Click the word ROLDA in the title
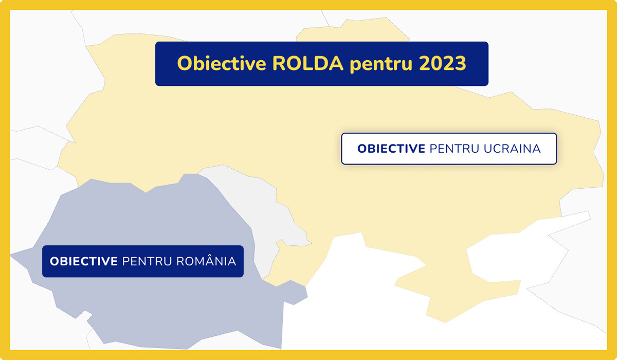point(307,64)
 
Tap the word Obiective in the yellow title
point(222,64)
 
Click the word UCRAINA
point(512,149)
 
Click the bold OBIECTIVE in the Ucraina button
point(391,149)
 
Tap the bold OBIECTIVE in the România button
point(84,261)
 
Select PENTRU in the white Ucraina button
point(455,149)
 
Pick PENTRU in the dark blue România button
point(147,261)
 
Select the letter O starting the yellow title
point(185,64)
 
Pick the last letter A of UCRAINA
point(535,149)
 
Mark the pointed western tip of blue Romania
point(10,256)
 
